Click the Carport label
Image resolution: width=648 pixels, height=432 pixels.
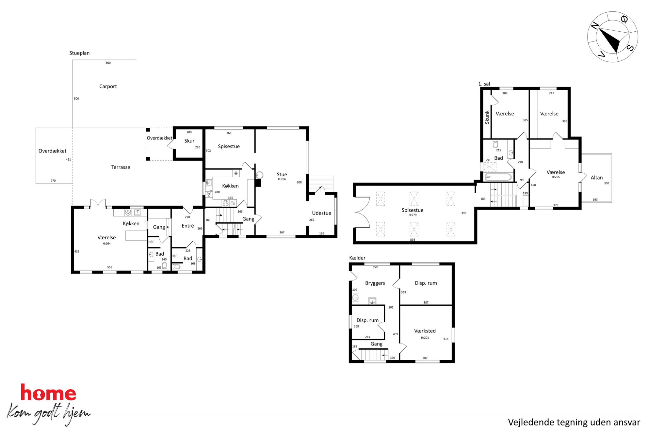(x=108, y=87)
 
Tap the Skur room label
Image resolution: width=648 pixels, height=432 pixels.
(x=189, y=141)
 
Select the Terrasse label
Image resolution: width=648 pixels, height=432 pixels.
(x=121, y=167)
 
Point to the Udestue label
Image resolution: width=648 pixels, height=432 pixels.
(x=321, y=213)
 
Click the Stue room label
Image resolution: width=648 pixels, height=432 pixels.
(x=282, y=175)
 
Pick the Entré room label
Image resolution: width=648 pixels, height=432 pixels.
(x=188, y=226)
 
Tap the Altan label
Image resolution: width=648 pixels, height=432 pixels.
(x=596, y=178)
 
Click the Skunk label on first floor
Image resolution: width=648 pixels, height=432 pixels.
(x=487, y=117)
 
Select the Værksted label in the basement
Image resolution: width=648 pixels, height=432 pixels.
(x=425, y=331)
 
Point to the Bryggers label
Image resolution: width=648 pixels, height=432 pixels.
(x=375, y=283)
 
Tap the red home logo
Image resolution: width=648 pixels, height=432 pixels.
(x=48, y=392)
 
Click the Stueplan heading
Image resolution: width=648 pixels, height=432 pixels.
(x=79, y=53)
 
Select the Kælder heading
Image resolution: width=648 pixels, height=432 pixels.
(x=357, y=258)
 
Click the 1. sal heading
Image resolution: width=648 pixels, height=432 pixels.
(x=484, y=84)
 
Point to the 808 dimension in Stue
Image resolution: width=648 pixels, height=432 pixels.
(x=299, y=183)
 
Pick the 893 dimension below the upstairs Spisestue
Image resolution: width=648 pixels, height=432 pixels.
(x=413, y=240)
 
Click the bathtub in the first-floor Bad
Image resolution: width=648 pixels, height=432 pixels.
(x=498, y=177)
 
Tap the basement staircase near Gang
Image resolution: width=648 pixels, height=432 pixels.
(x=374, y=355)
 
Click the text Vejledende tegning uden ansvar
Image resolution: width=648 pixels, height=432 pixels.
(x=574, y=422)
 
